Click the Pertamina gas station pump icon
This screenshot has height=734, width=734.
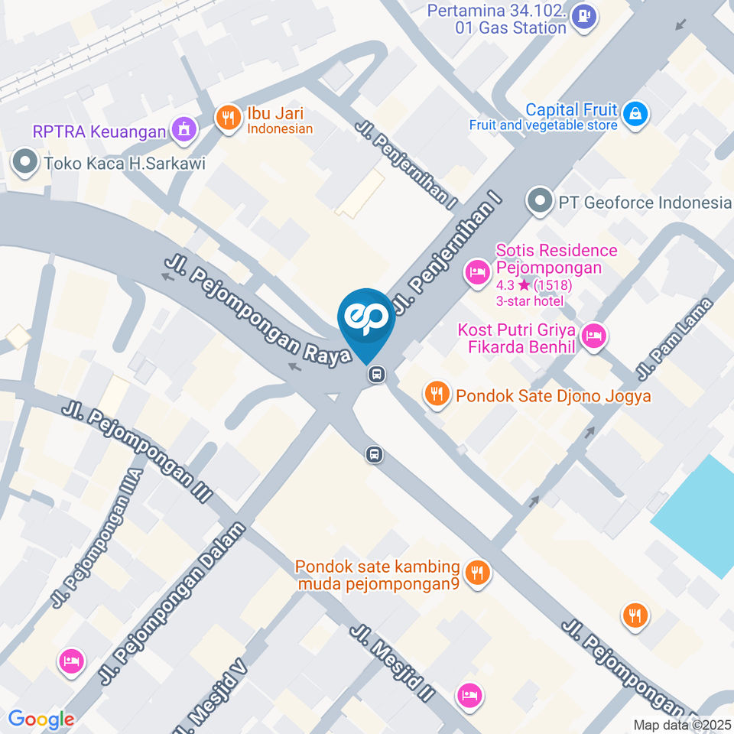coord(585,14)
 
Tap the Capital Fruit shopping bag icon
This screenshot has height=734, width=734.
coord(635,114)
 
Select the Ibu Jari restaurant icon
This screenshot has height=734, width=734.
coord(228,119)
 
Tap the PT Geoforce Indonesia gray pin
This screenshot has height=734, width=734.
coord(541,202)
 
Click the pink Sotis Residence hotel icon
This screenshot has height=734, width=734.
coord(477,271)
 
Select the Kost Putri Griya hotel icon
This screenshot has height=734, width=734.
coord(593,335)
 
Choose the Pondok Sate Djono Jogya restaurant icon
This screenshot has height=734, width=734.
coord(437,394)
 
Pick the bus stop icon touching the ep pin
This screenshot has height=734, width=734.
coord(375,375)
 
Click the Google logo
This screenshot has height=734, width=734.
coord(41,719)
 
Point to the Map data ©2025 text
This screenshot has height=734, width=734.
coord(682,725)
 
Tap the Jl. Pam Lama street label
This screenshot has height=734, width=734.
coord(675,339)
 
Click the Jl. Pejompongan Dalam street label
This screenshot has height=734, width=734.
coord(173,604)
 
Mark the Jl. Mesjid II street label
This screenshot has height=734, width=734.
coord(393,663)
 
